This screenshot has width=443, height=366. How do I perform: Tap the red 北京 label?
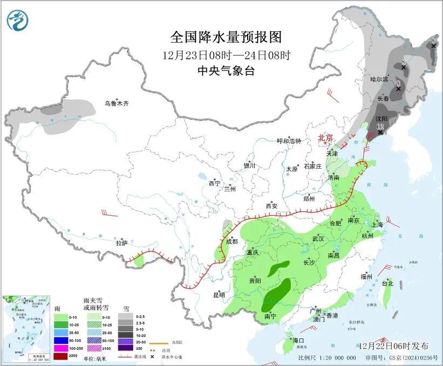325,137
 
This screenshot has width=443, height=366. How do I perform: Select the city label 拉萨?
121,243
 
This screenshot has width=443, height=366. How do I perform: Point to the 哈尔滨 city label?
379,79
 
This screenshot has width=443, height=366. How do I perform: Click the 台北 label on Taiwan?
387,282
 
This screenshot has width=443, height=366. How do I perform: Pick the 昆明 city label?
219,294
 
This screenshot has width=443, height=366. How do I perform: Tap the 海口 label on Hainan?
299,340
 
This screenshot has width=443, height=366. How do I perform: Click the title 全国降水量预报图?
226,37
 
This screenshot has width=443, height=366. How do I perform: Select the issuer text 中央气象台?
226,71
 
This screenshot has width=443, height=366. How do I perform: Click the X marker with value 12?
380,132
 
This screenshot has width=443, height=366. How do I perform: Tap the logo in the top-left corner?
16,20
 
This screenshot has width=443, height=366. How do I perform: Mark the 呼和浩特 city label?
289,141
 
